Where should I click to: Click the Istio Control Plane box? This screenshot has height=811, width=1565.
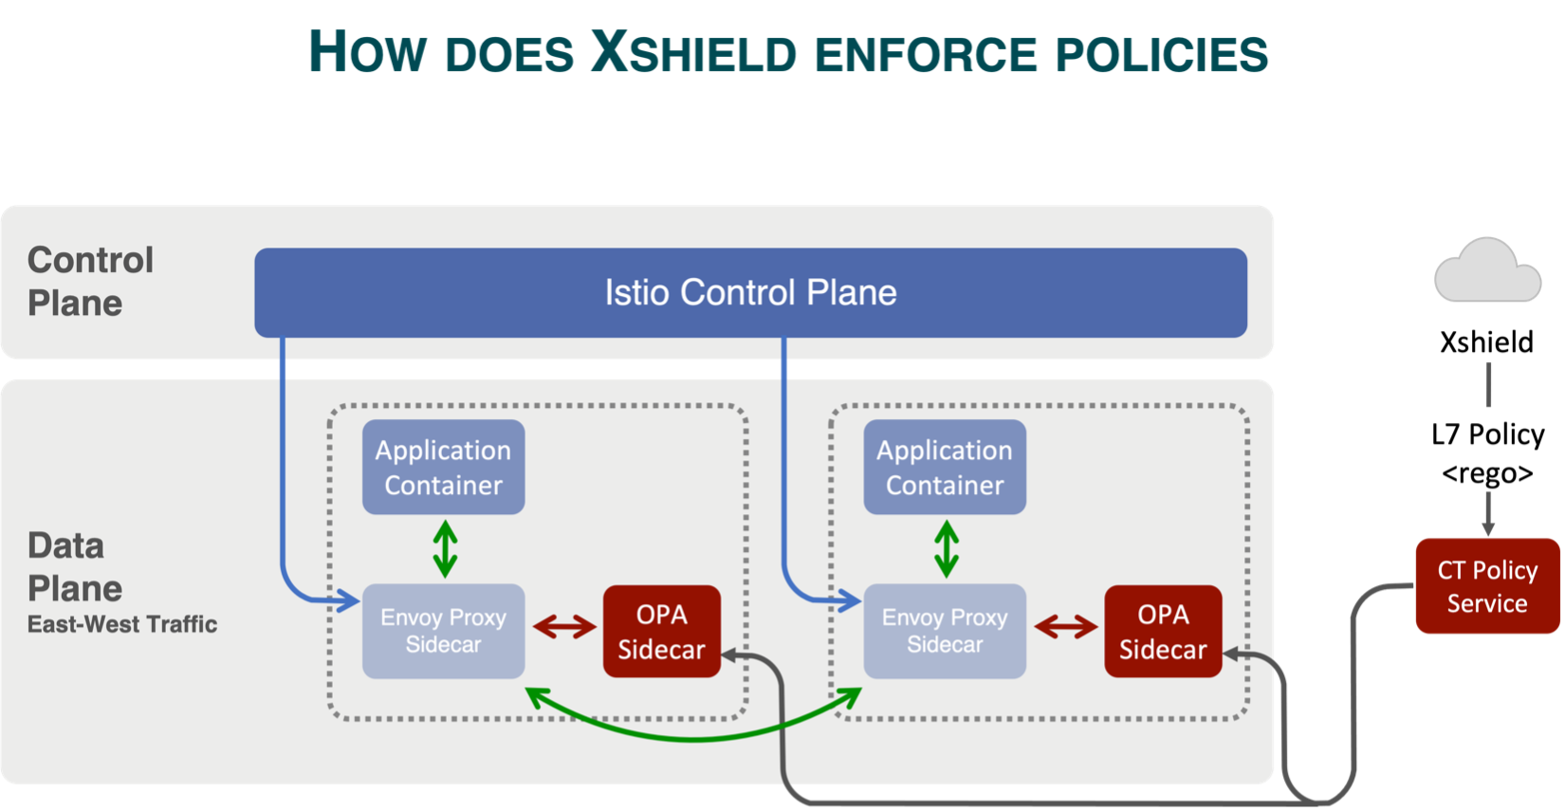point(750,292)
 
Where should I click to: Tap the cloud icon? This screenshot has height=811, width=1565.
point(1487,273)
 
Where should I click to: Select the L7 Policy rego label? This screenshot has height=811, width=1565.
point(1487,452)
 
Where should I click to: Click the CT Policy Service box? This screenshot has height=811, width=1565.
point(1486,586)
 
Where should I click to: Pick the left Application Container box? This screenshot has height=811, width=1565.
point(443,468)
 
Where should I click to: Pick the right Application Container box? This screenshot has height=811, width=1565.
point(944,468)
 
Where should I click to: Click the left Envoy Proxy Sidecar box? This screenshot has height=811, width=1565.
point(443,631)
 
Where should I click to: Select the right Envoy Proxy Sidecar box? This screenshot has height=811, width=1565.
point(944,631)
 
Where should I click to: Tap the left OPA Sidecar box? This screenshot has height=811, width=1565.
point(661,632)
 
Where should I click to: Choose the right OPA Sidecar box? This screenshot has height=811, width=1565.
point(1162,632)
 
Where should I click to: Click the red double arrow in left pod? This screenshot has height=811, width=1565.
point(564,627)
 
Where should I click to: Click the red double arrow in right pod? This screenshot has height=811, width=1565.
point(1065,627)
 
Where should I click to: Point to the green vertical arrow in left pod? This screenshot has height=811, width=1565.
point(445,548)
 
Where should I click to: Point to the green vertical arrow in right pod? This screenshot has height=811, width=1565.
point(946,548)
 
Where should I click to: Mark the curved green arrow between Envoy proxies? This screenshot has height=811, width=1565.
point(693,735)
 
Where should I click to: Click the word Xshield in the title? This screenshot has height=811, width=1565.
point(691,53)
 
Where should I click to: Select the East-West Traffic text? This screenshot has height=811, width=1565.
point(122,624)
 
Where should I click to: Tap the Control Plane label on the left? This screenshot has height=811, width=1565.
point(89,282)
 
